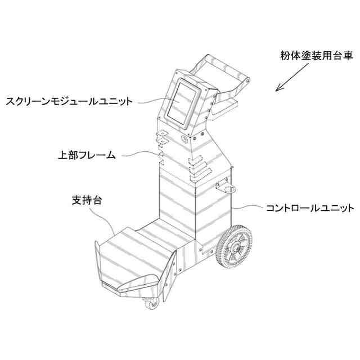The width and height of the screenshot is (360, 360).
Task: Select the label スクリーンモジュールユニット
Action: (69, 102)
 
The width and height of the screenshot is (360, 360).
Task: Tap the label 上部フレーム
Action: (87, 154)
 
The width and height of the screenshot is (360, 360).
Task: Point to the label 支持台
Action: (87, 199)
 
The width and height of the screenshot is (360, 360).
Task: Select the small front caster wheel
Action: (151, 305)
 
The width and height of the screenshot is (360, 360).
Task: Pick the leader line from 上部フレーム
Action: (138, 153)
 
